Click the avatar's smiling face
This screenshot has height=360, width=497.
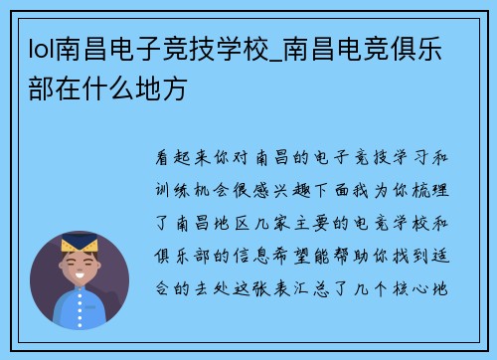tap(80, 267)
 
